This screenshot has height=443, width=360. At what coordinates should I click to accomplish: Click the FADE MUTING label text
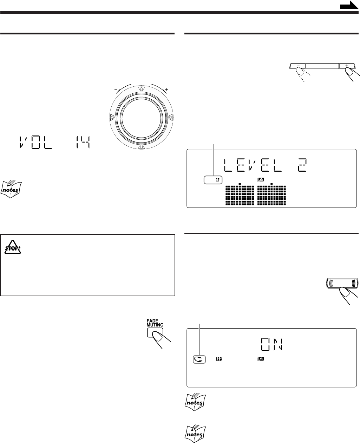tap(155, 323)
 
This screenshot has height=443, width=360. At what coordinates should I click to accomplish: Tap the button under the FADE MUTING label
tap(155, 332)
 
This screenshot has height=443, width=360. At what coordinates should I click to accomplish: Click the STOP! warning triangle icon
tap(13, 247)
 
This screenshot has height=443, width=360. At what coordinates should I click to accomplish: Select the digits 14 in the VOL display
tap(83, 142)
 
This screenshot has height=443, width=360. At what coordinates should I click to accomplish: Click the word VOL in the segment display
tap(35, 142)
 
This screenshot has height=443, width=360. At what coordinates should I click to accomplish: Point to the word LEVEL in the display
tap(253, 165)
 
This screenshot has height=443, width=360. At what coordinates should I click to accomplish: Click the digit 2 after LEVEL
tap(302, 165)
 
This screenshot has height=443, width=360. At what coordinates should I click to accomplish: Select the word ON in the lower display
tap(272, 344)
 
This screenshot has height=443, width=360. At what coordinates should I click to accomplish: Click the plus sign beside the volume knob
tap(166, 90)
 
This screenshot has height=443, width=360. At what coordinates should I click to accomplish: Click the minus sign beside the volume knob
tap(116, 90)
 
